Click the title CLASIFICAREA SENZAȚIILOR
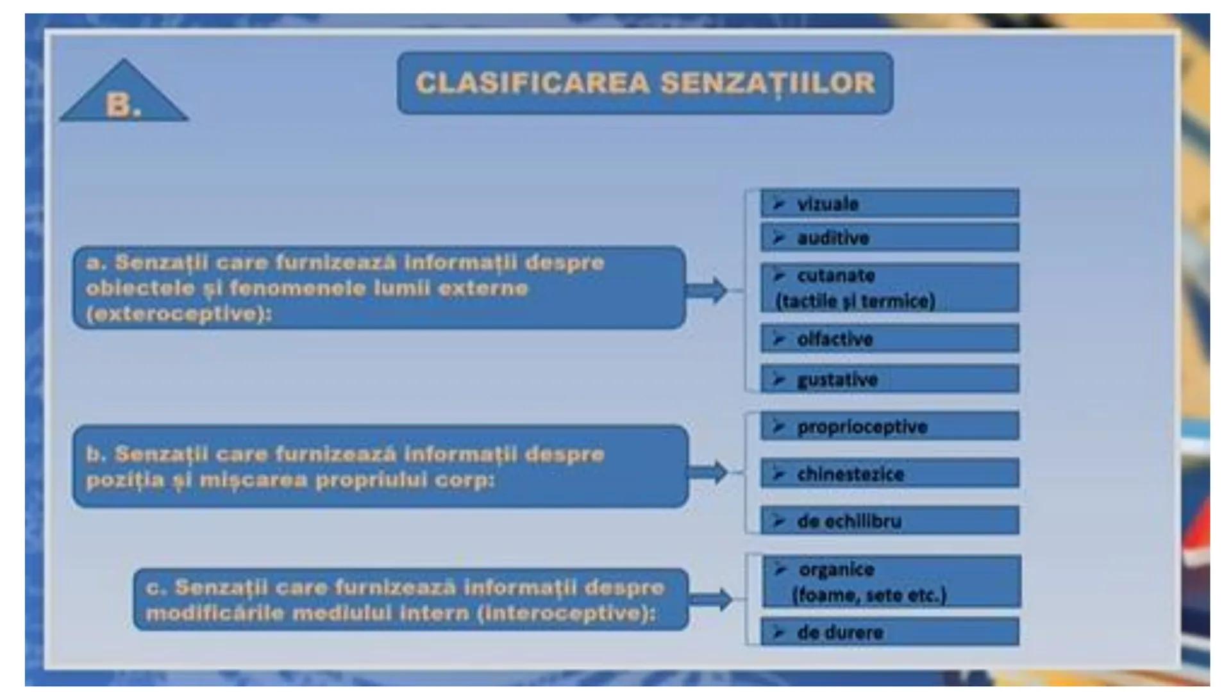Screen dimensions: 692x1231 click(x=645, y=83)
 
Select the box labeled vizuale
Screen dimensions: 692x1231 click(x=889, y=203)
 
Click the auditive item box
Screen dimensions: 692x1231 click(x=889, y=238)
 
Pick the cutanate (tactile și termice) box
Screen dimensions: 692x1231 click(x=889, y=288)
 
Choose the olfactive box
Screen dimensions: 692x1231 click(x=889, y=338)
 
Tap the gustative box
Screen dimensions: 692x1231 click(x=889, y=379)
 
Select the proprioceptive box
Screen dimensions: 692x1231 click(x=889, y=426)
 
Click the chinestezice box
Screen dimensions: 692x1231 click(x=889, y=474)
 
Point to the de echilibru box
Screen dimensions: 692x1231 click(x=889, y=520)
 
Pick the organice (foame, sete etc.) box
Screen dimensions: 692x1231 click(x=891, y=582)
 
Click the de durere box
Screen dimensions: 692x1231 click(x=889, y=632)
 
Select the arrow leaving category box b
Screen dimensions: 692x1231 click(x=707, y=472)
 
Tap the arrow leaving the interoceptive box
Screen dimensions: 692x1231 click(x=710, y=600)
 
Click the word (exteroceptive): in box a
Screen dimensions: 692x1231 click(x=179, y=314)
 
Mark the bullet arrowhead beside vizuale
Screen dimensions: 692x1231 click(x=779, y=204)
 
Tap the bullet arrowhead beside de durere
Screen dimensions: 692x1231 click(x=779, y=632)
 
